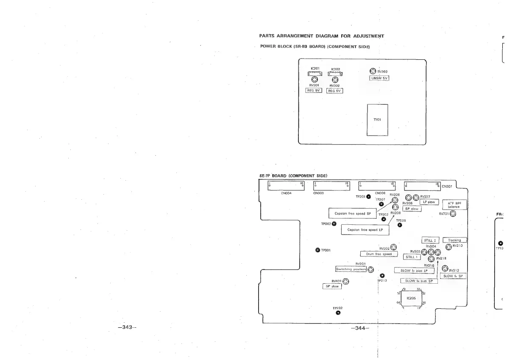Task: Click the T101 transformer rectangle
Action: click(377, 120)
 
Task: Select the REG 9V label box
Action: click(314, 90)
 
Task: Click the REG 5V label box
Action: click(335, 90)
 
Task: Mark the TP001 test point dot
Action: click(317, 249)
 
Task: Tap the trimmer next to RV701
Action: click(453, 214)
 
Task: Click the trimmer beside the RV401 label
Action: click(346, 281)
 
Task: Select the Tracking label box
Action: click(454, 240)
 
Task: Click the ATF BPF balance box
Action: click(454, 205)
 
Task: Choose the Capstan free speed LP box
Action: click(365, 229)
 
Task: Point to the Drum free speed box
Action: click(379, 254)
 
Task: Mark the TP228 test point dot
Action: click(400, 225)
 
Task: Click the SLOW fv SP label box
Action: click(454, 276)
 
